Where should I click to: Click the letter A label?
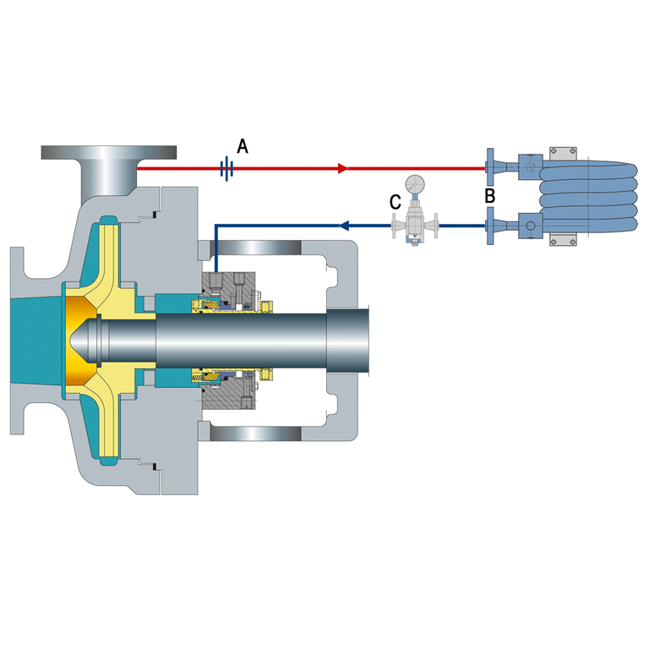coord(243,146)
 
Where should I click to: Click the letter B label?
coord(490,196)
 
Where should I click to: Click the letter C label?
coord(395,202)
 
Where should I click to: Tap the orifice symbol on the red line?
coord(226,168)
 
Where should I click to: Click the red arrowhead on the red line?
coord(343,168)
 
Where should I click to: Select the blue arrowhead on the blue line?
coord(345,226)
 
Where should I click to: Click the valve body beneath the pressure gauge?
coord(414,226)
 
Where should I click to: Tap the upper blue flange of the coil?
coord(490,167)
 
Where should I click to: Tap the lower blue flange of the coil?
coord(490,226)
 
